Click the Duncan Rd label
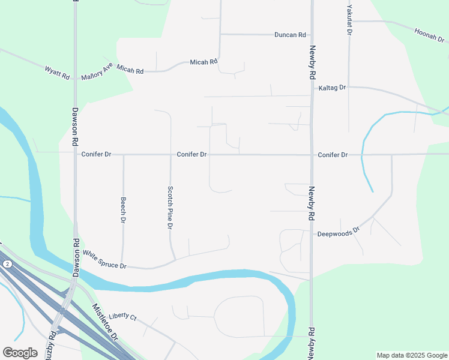(291, 35)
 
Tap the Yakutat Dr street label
(349, 19)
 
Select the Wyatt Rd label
(58, 73)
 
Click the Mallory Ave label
(97, 73)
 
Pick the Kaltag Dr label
(333, 88)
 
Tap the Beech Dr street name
(123, 210)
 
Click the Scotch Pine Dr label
(170, 207)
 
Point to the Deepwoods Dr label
(338, 232)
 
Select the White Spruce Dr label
(104, 260)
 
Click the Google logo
(20, 353)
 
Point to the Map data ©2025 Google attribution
(412, 355)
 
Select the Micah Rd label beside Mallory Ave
(130, 71)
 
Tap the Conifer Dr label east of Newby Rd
(333, 155)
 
